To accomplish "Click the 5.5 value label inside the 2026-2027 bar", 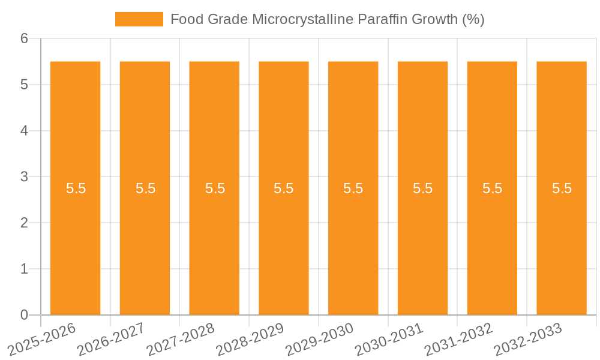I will point(145,188).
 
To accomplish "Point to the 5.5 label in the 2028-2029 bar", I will point(284,188).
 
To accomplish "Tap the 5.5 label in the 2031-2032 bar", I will point(492,188).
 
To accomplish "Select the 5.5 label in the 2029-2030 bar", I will point(353,188).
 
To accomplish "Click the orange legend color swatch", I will point(139,19).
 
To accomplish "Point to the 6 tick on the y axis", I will point(24,38).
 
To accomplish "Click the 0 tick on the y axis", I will point(24,315).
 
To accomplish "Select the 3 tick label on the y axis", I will point(24,176).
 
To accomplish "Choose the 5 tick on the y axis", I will point(24,85).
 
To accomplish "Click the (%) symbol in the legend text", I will point(473,19).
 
